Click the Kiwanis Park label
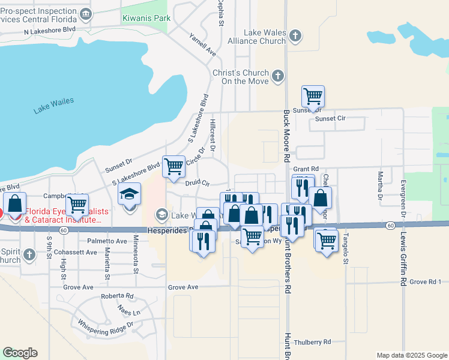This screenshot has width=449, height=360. pos(146,18)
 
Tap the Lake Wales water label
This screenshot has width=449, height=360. pos(53,105)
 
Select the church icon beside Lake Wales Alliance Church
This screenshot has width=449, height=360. pos(294,36)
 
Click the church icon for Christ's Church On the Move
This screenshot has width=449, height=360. pos(277,76)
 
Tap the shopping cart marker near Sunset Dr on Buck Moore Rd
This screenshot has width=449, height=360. pos(313,95)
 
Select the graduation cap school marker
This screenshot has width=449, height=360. pos(129,195)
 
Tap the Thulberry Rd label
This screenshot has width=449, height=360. pos(310,342)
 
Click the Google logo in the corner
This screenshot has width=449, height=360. pos(20,353)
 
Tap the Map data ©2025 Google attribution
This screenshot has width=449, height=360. pos(411,355)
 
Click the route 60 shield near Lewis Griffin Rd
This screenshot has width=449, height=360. pos(390,225)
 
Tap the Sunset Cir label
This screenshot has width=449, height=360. pos(331,119)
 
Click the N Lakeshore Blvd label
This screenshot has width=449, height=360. pos(50,29)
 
